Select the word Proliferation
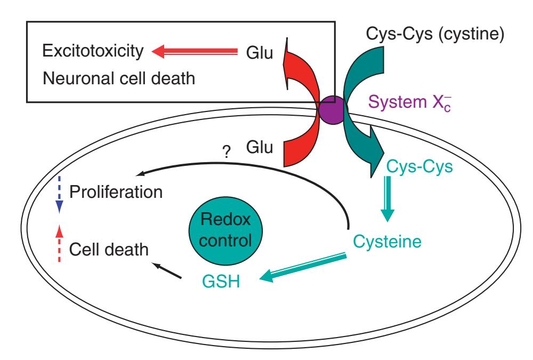[x=117, y=191]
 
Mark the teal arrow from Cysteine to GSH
[x=301, y=267]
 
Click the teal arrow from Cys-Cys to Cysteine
[x=387, y=201]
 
